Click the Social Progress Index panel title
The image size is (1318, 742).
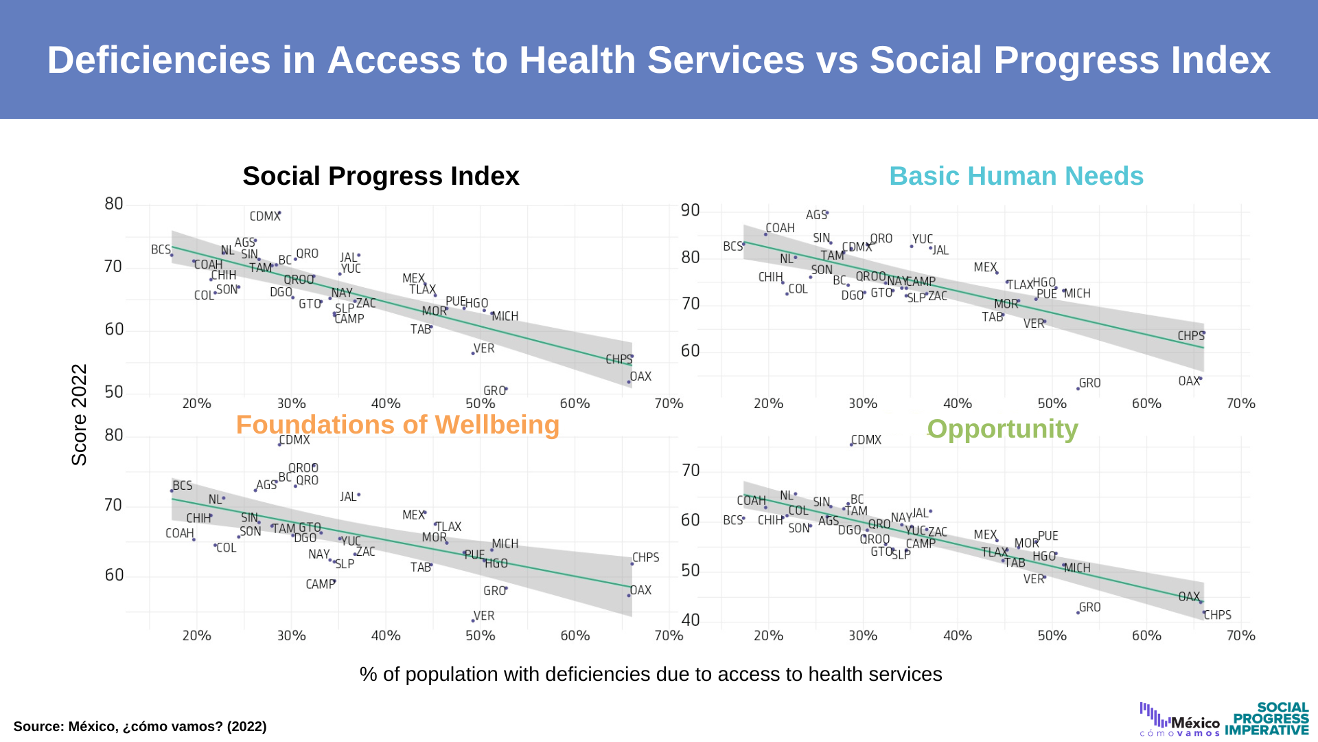click(380, 177)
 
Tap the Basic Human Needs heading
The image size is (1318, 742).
click(1016, 177)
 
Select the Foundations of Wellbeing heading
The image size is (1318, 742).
click(397, 425)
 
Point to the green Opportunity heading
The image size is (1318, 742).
click(1002, 429)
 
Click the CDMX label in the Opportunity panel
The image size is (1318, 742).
click(866, 440)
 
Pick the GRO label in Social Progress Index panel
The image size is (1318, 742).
click(494, 391)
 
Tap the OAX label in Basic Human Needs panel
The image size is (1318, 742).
click(1188, 381)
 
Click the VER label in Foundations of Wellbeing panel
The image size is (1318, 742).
click(484, 616)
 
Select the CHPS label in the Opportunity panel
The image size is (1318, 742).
click(1218, 615)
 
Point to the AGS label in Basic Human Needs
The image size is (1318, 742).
click(816, 215)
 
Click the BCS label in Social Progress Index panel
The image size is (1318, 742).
click(161, 249)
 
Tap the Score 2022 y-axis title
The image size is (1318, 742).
click(80, 414)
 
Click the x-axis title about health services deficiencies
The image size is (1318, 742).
click(650, 674)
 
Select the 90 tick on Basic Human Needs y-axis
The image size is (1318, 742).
click(690, 210)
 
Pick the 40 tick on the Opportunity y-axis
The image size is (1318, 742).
click(690, 620)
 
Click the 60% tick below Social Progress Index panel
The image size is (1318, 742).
click(575, 403)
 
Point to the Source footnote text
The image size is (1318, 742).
click(140, 726)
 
